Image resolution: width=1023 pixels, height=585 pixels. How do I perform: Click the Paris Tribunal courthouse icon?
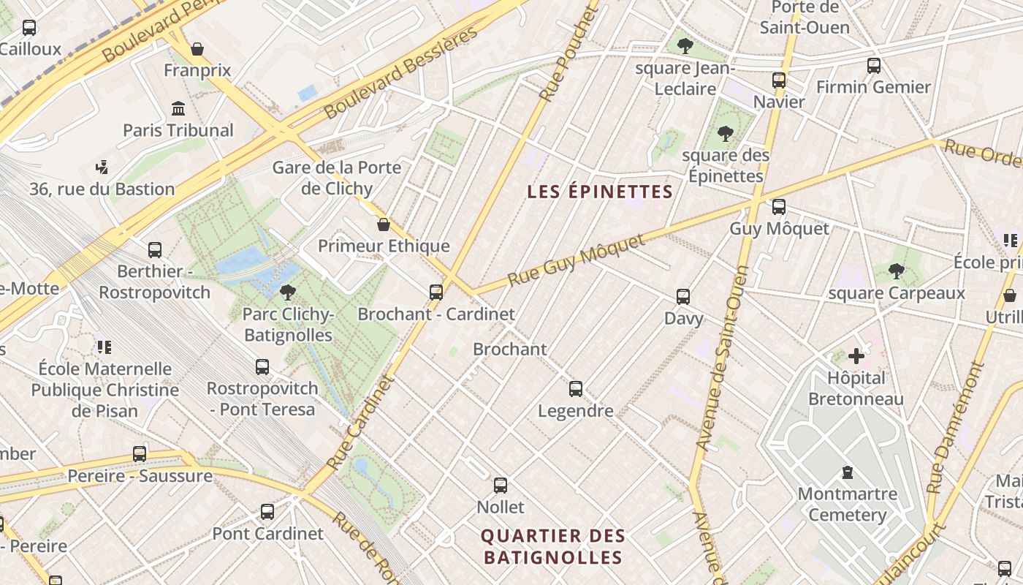click(x=178, y=109)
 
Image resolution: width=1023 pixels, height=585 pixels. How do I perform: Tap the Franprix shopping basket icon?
click(x=197, y=49)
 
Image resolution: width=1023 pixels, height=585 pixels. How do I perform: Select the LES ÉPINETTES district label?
click(x=599, y=192)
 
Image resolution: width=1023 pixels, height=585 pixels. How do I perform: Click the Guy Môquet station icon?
click(x=779, y=207)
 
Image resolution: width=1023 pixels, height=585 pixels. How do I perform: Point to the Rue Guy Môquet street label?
click(x=577, y=260)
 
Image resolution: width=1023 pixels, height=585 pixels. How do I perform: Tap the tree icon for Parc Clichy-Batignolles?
click(x=288, y=293)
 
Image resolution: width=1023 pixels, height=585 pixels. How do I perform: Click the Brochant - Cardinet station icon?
click(x=436, y=292)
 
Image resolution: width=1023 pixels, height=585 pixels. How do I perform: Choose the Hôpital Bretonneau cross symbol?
click(x=856, y=357)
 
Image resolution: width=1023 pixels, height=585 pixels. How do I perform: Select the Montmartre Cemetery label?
click(x=848, y=505)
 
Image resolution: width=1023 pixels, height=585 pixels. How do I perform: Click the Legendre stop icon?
click(x=576, y=389)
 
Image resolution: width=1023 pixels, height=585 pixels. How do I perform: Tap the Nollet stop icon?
click(x=501, y=485)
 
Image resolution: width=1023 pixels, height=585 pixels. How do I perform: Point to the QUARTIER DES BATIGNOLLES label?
click(x=552, y=546)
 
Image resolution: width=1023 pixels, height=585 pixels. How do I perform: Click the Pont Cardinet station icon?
click(x=267, y=512)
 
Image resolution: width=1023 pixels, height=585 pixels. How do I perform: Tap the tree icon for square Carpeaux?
click(x=897, y=272)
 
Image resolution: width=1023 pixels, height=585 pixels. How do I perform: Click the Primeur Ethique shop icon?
click(x=384, y=224)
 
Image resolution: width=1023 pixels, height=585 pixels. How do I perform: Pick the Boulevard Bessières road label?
click(x=401, y=73)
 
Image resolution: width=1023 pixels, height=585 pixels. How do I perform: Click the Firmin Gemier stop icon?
click(x=874, y=66)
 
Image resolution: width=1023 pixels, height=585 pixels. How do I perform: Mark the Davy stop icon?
click(x=683, y=297)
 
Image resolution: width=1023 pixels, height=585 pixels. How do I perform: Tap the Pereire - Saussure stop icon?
click(x=140, y=454)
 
